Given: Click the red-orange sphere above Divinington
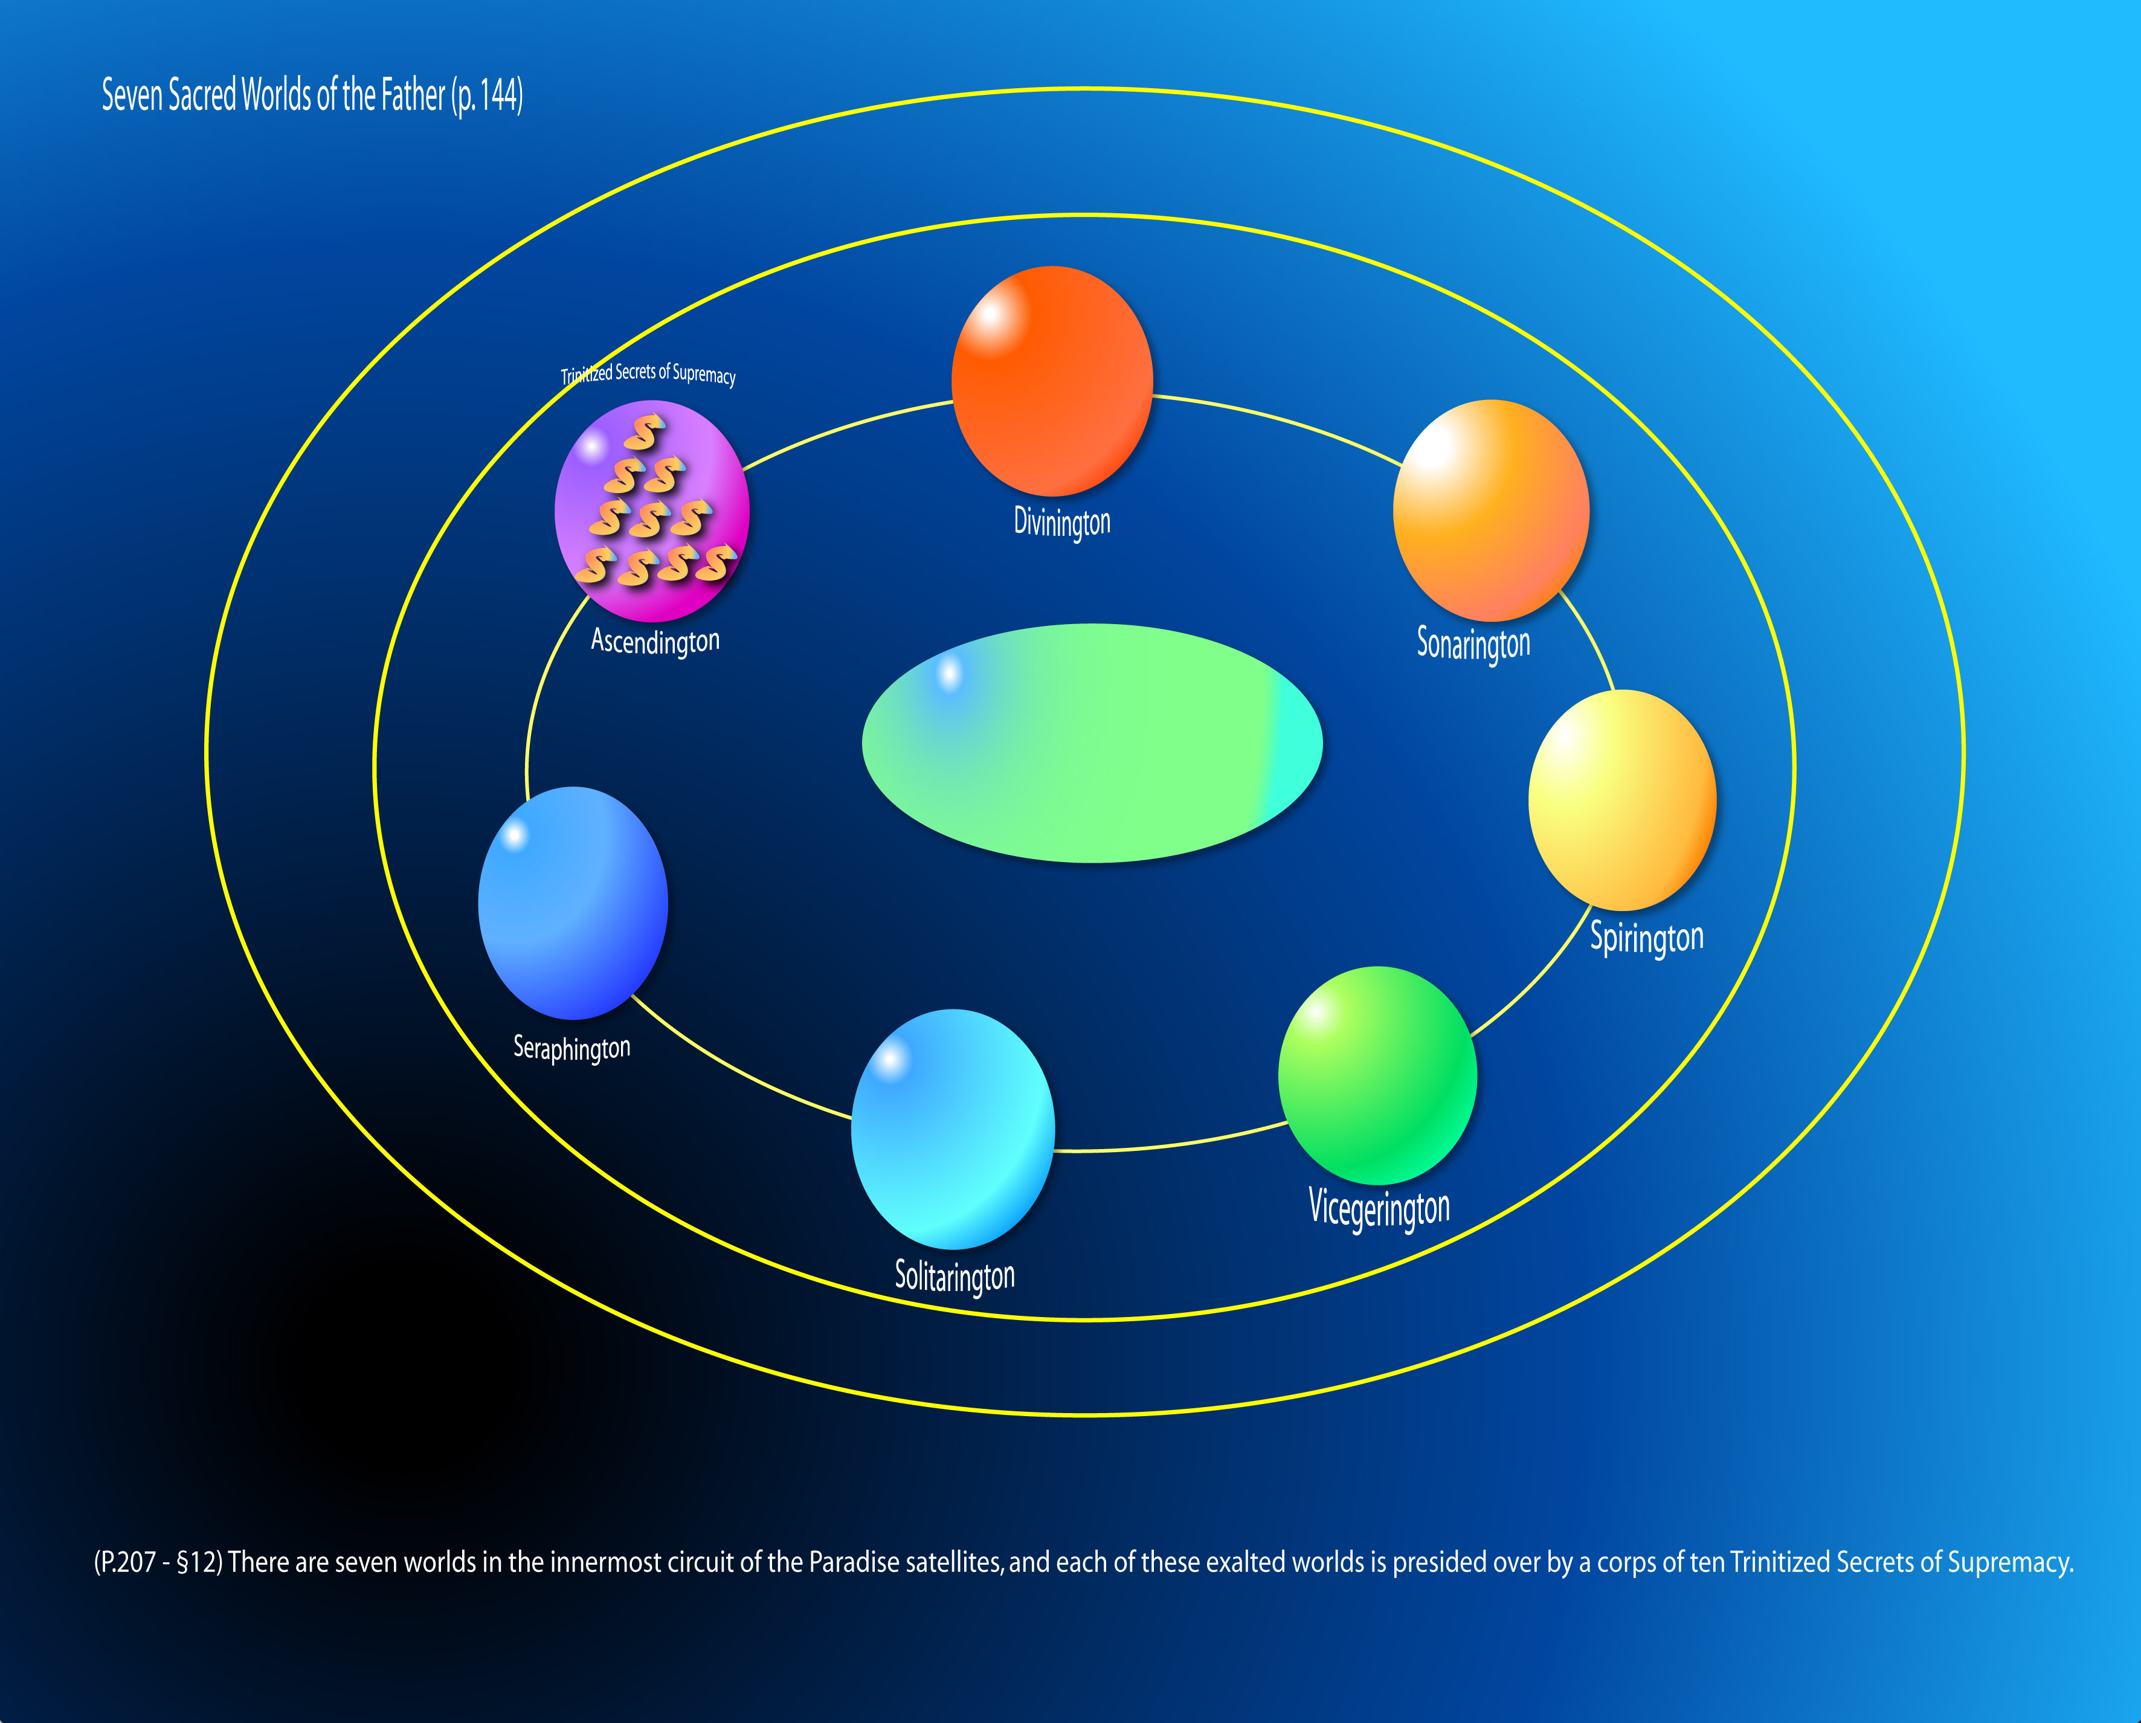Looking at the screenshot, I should coord(1052,381).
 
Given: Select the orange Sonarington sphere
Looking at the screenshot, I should coord(1490,510).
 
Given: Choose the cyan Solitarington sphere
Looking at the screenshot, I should coord(952,1129).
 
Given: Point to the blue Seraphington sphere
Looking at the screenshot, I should coord(573,903).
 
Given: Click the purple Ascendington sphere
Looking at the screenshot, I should coord(651,510).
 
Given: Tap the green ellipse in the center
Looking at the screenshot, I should coord(1092,743).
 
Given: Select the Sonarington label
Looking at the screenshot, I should coord(1473,643).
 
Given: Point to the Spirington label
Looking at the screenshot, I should coord(1646,938).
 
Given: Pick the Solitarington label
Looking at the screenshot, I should coord(955,1276).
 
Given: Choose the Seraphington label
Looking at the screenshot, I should coord(571,1048).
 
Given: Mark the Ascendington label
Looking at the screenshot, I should coord(654,640).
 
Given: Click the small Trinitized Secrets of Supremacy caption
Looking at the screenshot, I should coord(648,373).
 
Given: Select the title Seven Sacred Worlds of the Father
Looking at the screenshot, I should coord(312,95).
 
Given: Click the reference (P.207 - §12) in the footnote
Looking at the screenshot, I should coord(158,1562).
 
